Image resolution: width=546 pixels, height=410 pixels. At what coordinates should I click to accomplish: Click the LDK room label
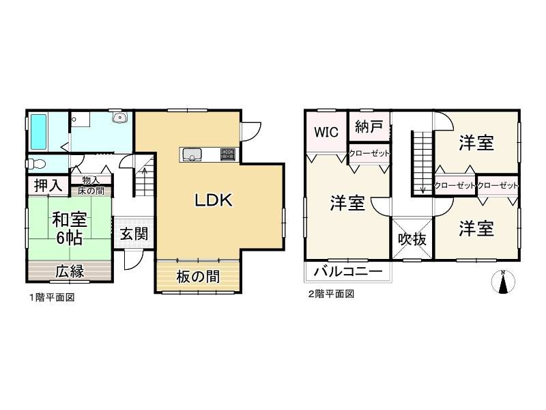click(x=215, y=200)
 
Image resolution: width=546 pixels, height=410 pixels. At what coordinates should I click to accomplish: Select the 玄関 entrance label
click(x=134, y=234)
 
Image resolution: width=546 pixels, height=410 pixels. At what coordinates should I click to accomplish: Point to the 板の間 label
click(x=197, y=277)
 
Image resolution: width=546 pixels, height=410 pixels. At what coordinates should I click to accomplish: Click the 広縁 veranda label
click(x=69, y=271)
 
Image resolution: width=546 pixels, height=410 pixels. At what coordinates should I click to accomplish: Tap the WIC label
click(x=326, y=133)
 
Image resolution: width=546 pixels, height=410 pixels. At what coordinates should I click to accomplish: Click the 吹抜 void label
click(x=412, y=239)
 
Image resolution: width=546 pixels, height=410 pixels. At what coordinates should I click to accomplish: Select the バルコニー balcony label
click(x=348, y=271)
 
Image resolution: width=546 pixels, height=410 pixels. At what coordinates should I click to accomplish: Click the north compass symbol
click(x=503, y=282)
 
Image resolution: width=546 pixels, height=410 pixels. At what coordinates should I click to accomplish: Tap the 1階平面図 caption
click(x=51, y=297)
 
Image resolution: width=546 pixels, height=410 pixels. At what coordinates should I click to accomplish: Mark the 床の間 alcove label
click(x=91, y=190)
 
